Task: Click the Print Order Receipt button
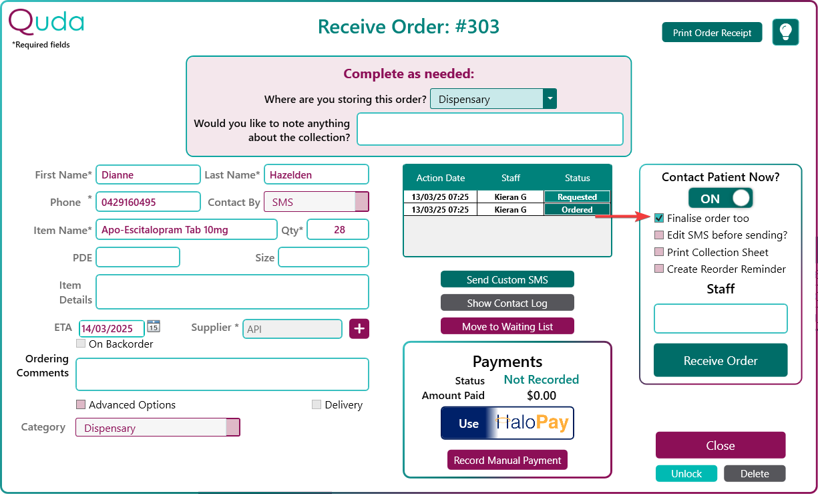point(712,33)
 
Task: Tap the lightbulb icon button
point(785,32)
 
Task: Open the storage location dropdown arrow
point(550,99)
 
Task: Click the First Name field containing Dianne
point(148,174)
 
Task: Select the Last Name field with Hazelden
point(317,174)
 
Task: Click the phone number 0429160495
point(128,202)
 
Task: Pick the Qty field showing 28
point(338,230)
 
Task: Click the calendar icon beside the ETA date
point(154,326)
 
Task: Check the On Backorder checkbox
point(81,344)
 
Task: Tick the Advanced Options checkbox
point(81,404)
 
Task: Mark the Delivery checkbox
point(317,404)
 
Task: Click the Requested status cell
point(577,197)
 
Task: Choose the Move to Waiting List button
point(507,326)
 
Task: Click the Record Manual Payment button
point(507,460)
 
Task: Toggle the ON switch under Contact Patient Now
point(721,198)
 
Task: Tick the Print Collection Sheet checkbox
point(659,252)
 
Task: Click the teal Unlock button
point(686,473)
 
